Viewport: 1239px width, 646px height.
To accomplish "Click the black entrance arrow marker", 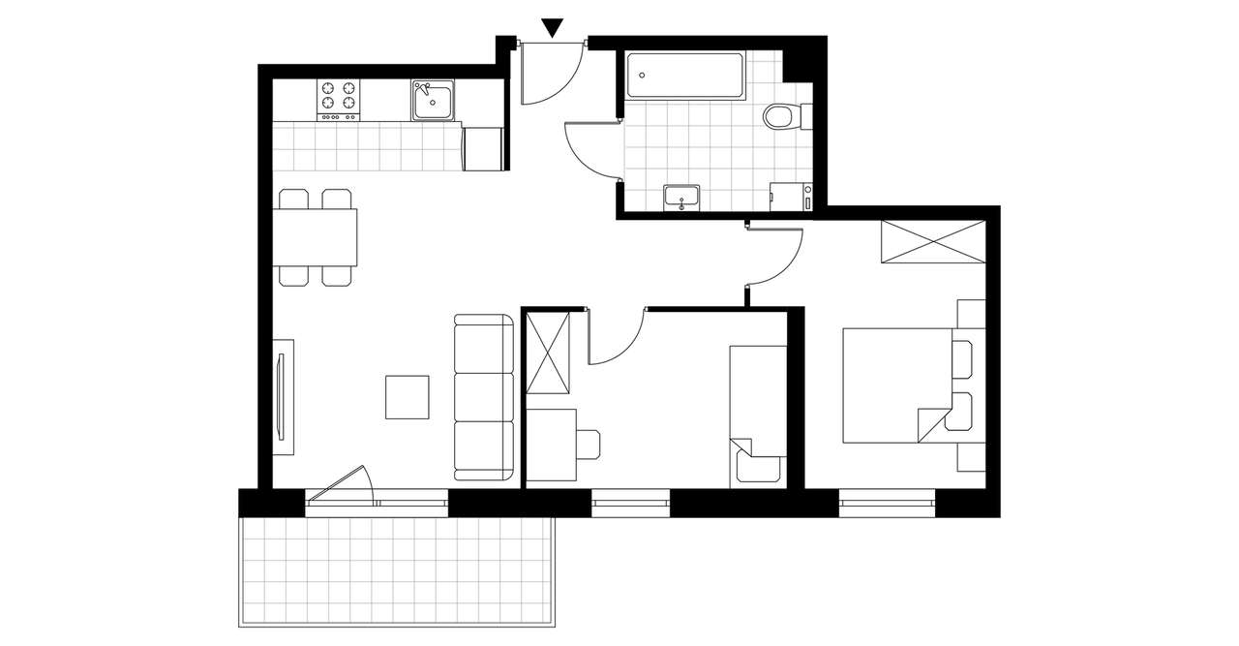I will [x=552, y=28].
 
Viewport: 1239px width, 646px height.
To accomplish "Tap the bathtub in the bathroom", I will [x=685, y=76].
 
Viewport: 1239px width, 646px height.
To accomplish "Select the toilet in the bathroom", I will [x=781, y=118].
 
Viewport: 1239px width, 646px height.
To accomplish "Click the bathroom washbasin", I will [x=682, y=197].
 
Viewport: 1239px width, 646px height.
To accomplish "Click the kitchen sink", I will [x=433, y=100].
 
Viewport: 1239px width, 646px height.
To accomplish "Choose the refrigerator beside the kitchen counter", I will [x=482, y=148].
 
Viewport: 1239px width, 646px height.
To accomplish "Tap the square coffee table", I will [x=407, y=397].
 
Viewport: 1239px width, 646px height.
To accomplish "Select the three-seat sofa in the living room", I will [x=483, y=397].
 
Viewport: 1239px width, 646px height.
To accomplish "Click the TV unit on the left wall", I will [x=283, y=396].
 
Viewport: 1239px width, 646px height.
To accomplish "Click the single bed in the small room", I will [x=758, y=414].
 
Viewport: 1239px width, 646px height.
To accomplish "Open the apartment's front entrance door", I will [x=550, y=70].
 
